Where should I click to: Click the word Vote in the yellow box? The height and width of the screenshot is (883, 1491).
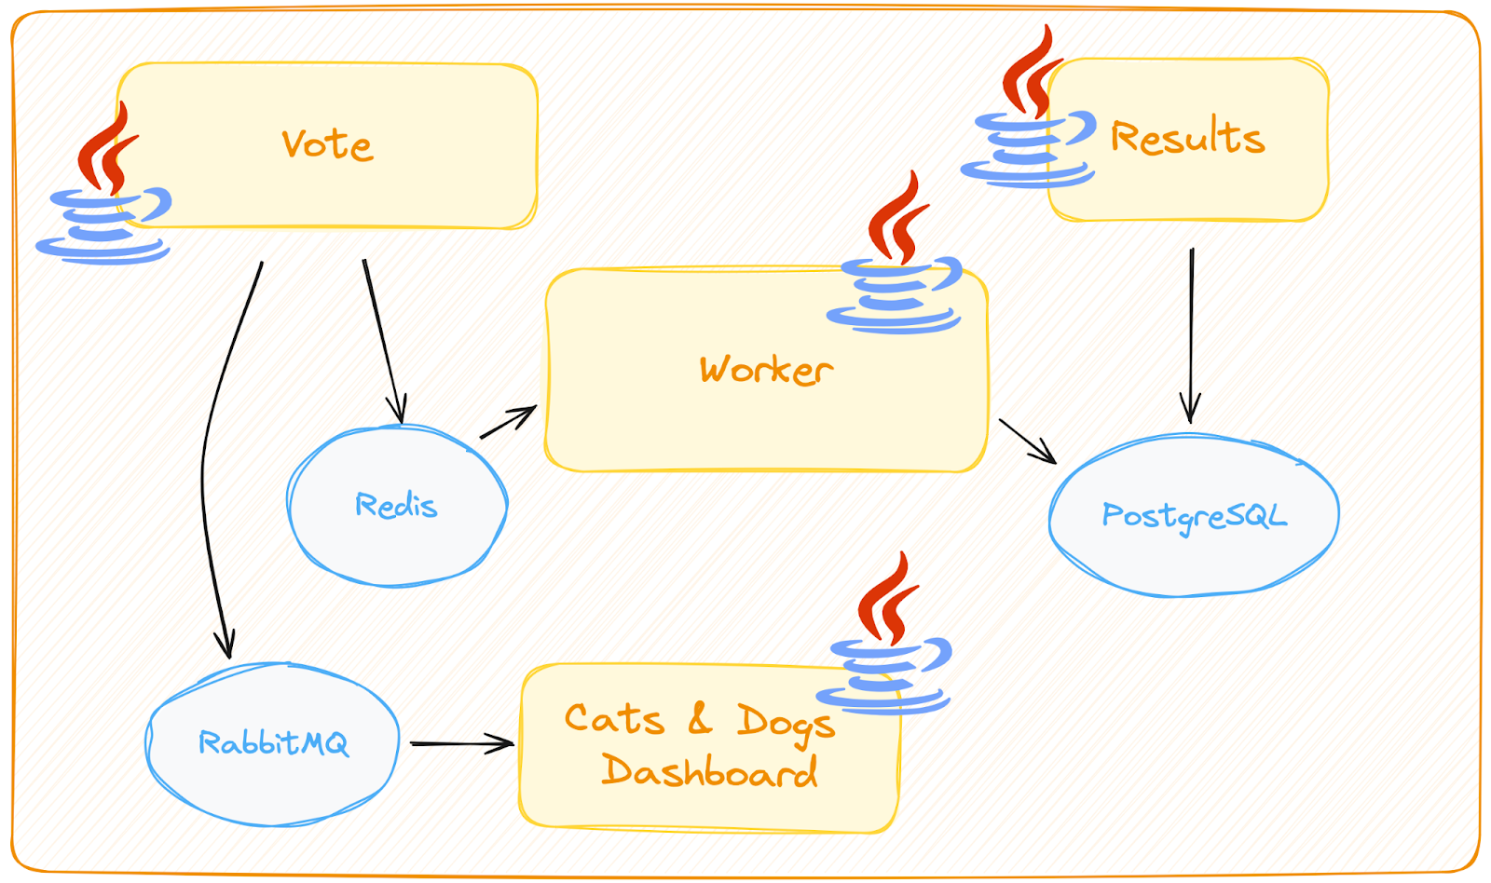tap(327, 144)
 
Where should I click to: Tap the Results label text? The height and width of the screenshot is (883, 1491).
tap(1187, 137)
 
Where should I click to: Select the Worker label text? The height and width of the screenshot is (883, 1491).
tap(766, 370)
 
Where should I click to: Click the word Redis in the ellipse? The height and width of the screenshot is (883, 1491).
tap(396, 505)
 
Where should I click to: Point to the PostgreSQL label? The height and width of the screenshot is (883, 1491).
tap(1194, 515)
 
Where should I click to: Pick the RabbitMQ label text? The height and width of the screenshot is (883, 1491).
tap(273, 742)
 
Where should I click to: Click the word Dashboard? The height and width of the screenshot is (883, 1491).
tap(709, 771)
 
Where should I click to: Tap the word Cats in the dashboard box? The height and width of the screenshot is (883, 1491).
tap(614, 718)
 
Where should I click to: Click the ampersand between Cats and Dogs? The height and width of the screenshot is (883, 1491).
tap(700, 718)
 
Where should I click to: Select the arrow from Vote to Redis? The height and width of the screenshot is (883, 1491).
tap(382, 340)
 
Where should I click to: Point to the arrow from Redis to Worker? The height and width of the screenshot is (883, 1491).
tap(508, 421)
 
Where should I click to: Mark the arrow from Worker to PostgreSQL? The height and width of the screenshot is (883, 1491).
tap(1027, 441)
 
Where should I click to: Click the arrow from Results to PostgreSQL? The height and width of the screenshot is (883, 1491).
tap(1191, 335)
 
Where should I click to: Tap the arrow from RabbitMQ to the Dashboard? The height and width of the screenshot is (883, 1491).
tap(461, 743)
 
